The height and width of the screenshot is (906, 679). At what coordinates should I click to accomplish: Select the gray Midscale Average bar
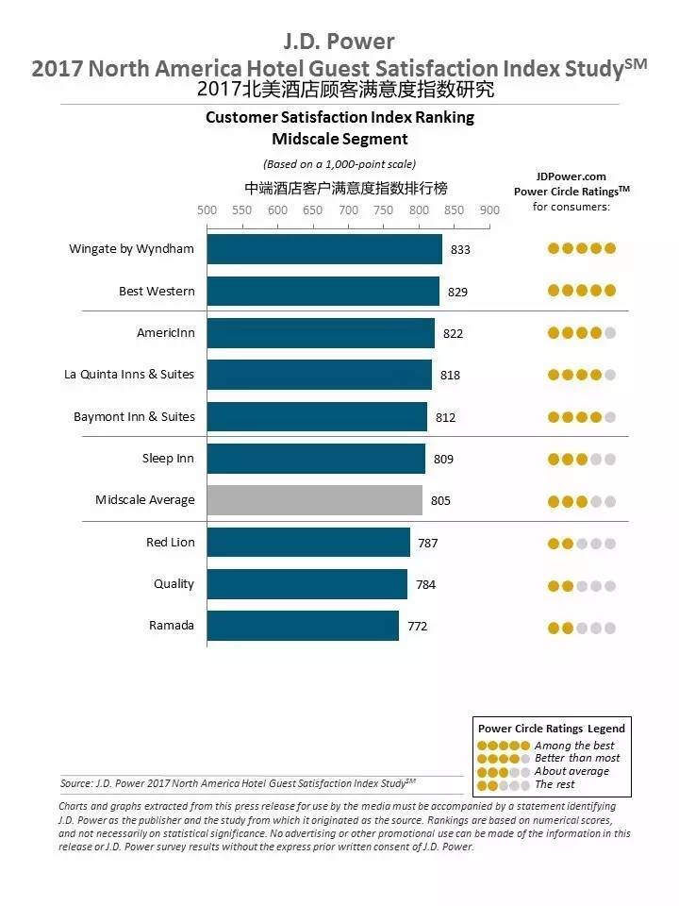pos(314,500)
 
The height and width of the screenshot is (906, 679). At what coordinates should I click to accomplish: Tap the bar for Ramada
pos(303,626)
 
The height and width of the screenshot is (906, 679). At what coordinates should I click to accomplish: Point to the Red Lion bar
pos(308,543)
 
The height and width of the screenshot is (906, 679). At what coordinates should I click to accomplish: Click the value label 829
pos(457,292)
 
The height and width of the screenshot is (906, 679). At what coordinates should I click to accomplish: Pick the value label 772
pos(417,626)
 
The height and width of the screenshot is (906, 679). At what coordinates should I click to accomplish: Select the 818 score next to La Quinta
pos(450,376)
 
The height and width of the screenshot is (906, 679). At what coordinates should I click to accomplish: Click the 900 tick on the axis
pos(489,210)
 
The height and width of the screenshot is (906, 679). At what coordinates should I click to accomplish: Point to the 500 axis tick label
pos(207,210)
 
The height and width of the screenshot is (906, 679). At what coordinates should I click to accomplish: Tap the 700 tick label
pos(348,210)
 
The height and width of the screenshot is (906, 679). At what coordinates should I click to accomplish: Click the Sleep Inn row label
pos(168,459)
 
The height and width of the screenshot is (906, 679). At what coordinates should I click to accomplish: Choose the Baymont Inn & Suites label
pos(134,417)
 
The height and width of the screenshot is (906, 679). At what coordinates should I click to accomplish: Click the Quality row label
pos(174,584)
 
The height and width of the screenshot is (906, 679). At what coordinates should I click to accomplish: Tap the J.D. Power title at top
pos(339,42)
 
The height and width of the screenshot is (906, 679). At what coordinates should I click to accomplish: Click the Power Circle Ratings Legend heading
pos(551,729)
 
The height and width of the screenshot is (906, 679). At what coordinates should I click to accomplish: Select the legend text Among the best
pos(574,746)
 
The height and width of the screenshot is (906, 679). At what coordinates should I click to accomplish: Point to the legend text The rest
pos(556,784)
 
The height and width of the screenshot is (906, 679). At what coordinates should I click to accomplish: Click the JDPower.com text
pos(571,176)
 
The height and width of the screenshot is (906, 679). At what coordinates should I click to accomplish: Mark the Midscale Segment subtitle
pos(339,139)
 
